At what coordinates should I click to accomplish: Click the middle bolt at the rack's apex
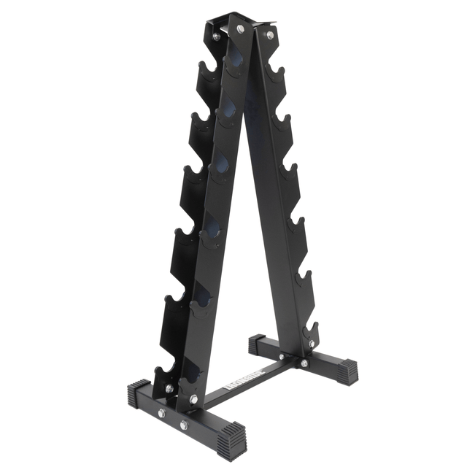[240, 28]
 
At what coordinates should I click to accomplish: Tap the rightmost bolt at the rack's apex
[269, 34]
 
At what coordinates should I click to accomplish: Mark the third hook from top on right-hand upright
[290, 173]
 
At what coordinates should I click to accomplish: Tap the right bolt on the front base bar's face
[184, 424]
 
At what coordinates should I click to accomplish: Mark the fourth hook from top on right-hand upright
[296, 225]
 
